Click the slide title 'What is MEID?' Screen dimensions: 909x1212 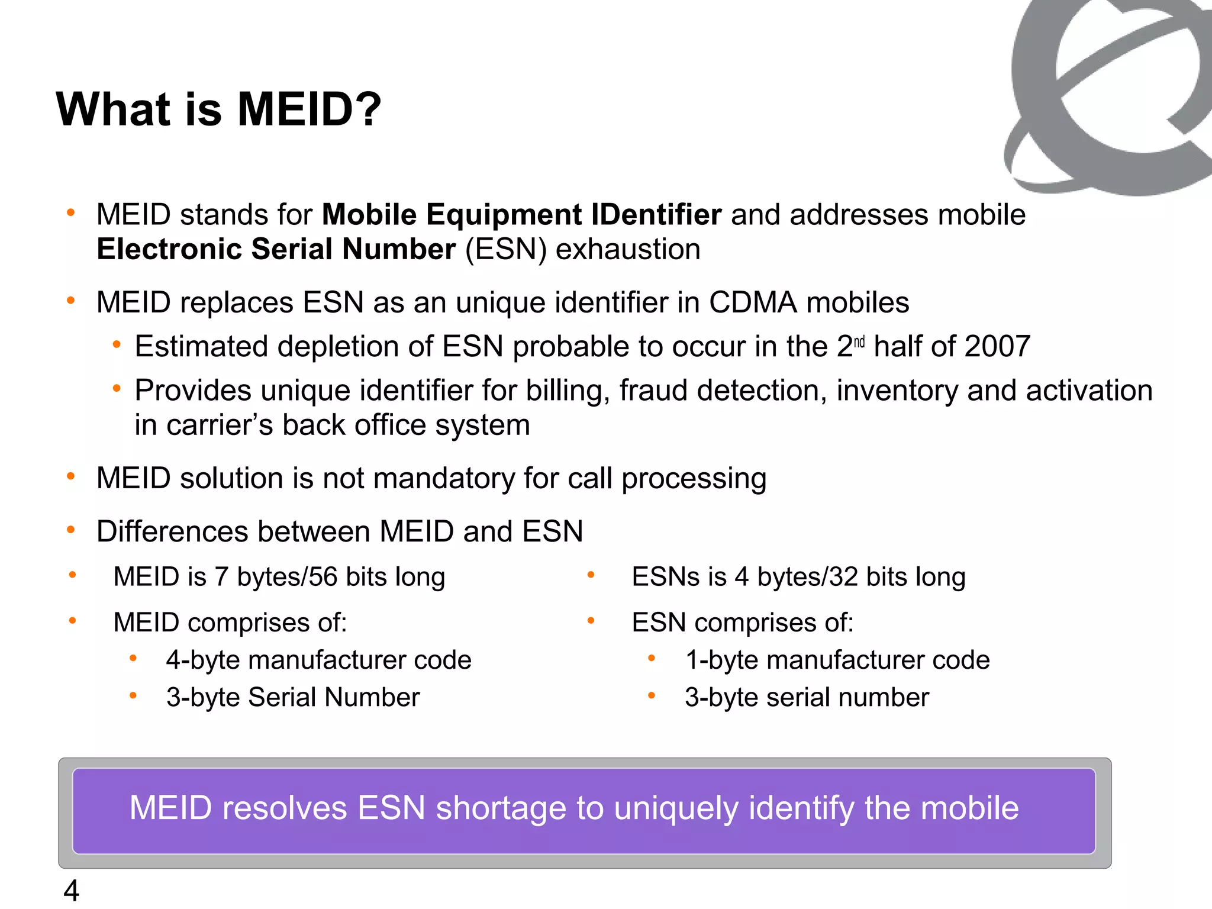(218, 109)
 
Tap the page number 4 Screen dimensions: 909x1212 (71, 891)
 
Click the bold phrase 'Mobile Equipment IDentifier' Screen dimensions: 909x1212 (521, 214)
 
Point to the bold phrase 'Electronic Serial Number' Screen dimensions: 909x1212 (276, 249)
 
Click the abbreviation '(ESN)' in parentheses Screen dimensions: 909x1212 (506, 249)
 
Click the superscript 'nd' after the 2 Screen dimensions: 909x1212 (859, 341)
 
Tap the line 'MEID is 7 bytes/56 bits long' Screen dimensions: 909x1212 (279, 577)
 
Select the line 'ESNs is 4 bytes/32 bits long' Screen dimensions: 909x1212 (798, 577)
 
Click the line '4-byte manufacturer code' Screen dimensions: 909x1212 (318, 660)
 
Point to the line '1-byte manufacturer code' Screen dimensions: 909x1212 (837, 660)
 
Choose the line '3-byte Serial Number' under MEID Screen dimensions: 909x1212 (293, 697)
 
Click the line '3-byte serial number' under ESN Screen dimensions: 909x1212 (807, 697)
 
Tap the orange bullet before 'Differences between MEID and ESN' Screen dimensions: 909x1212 (71, 530)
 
